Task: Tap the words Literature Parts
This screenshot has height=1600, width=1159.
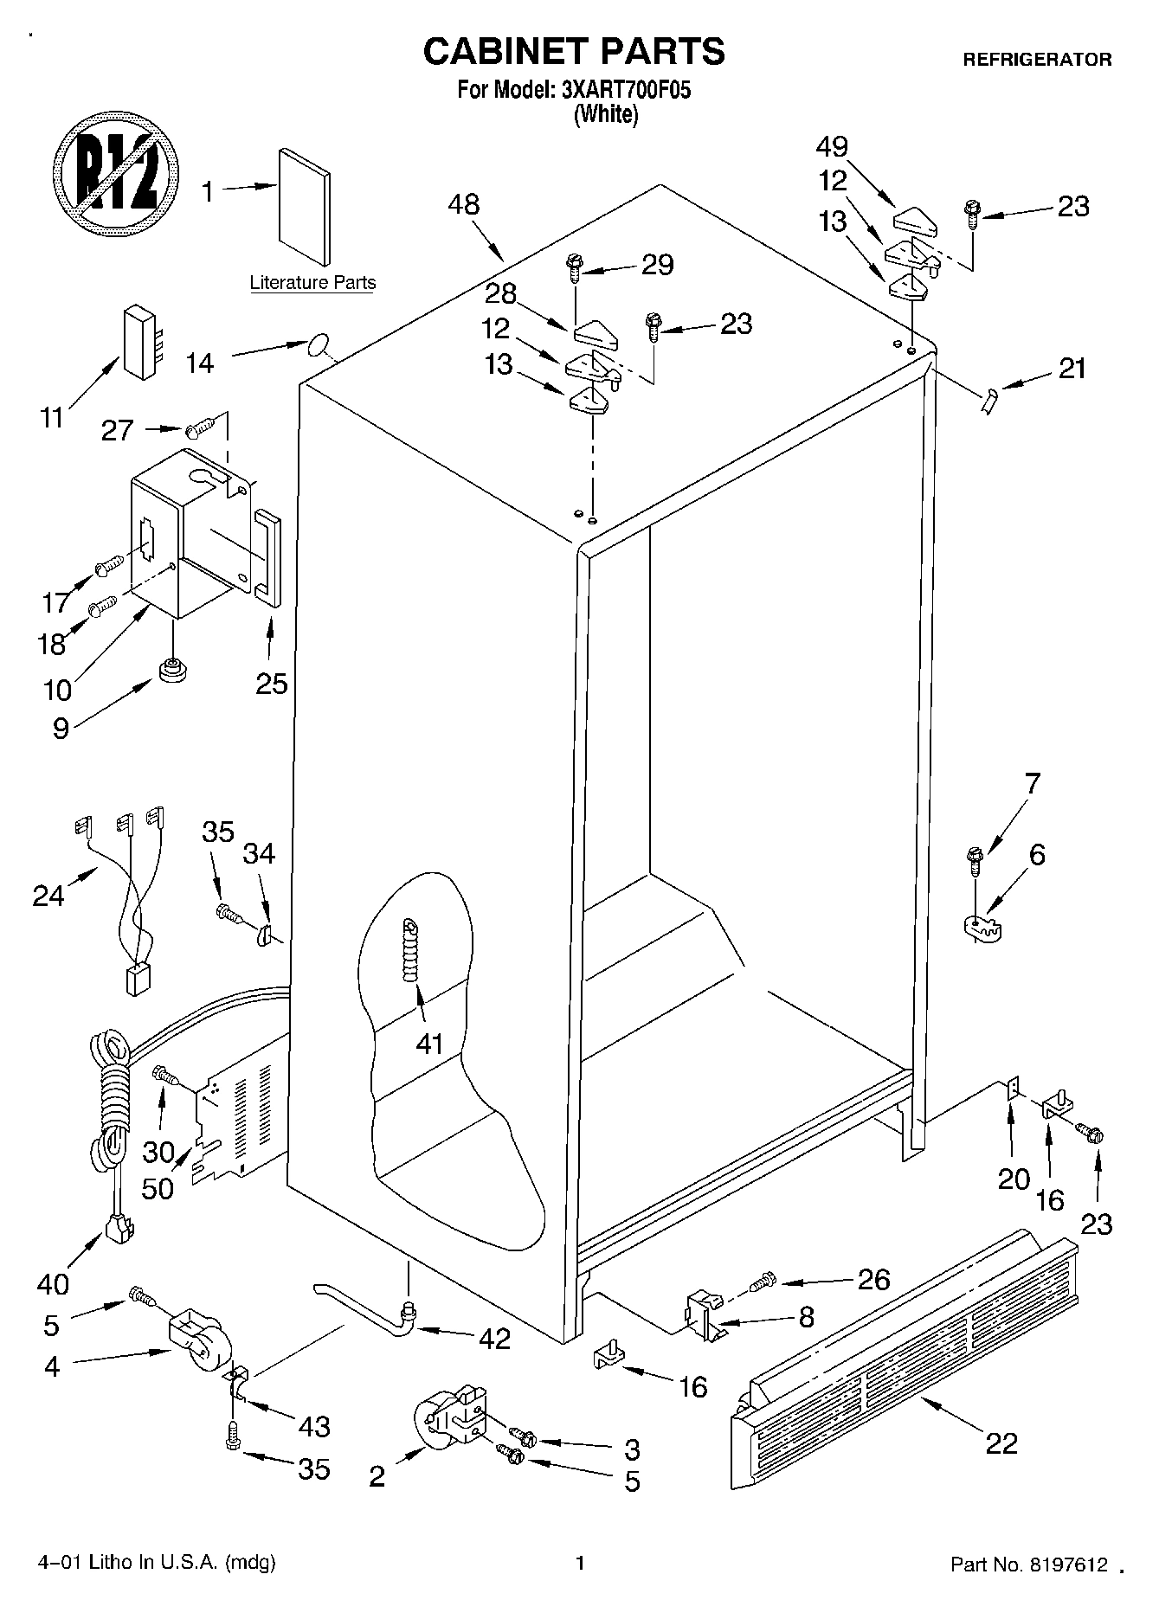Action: tap(312, 283)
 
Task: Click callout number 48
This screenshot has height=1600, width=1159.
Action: tap(464, 205)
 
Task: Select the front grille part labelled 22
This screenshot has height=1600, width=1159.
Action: tap(905, 1354)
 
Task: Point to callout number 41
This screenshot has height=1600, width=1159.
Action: tap(429, 1044)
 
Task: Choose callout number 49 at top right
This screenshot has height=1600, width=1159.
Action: tap(832, 146)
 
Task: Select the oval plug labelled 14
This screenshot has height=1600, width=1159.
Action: tap(318, 346)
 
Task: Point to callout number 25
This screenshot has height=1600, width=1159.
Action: tap(271, 684)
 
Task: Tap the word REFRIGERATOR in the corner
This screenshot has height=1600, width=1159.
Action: tap(1037, 60)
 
